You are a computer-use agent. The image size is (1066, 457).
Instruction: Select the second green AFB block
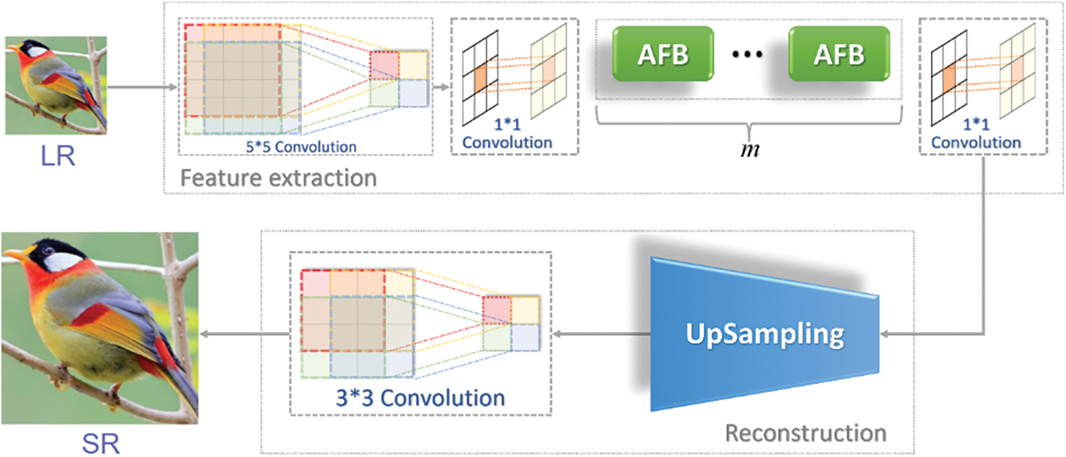[x=839, y=55]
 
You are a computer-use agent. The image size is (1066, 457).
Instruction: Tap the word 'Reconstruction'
[x=806, y=431]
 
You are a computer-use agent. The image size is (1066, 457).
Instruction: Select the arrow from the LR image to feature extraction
[x=142, y=88]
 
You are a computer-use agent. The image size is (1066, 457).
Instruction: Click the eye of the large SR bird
[x=50, y=251]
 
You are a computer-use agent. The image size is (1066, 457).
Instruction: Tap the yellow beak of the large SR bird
[x=17, y=254]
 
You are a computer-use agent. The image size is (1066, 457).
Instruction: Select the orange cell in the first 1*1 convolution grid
[x=481, y=75]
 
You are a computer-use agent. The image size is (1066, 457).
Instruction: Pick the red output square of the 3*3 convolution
[x=497, y=309]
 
